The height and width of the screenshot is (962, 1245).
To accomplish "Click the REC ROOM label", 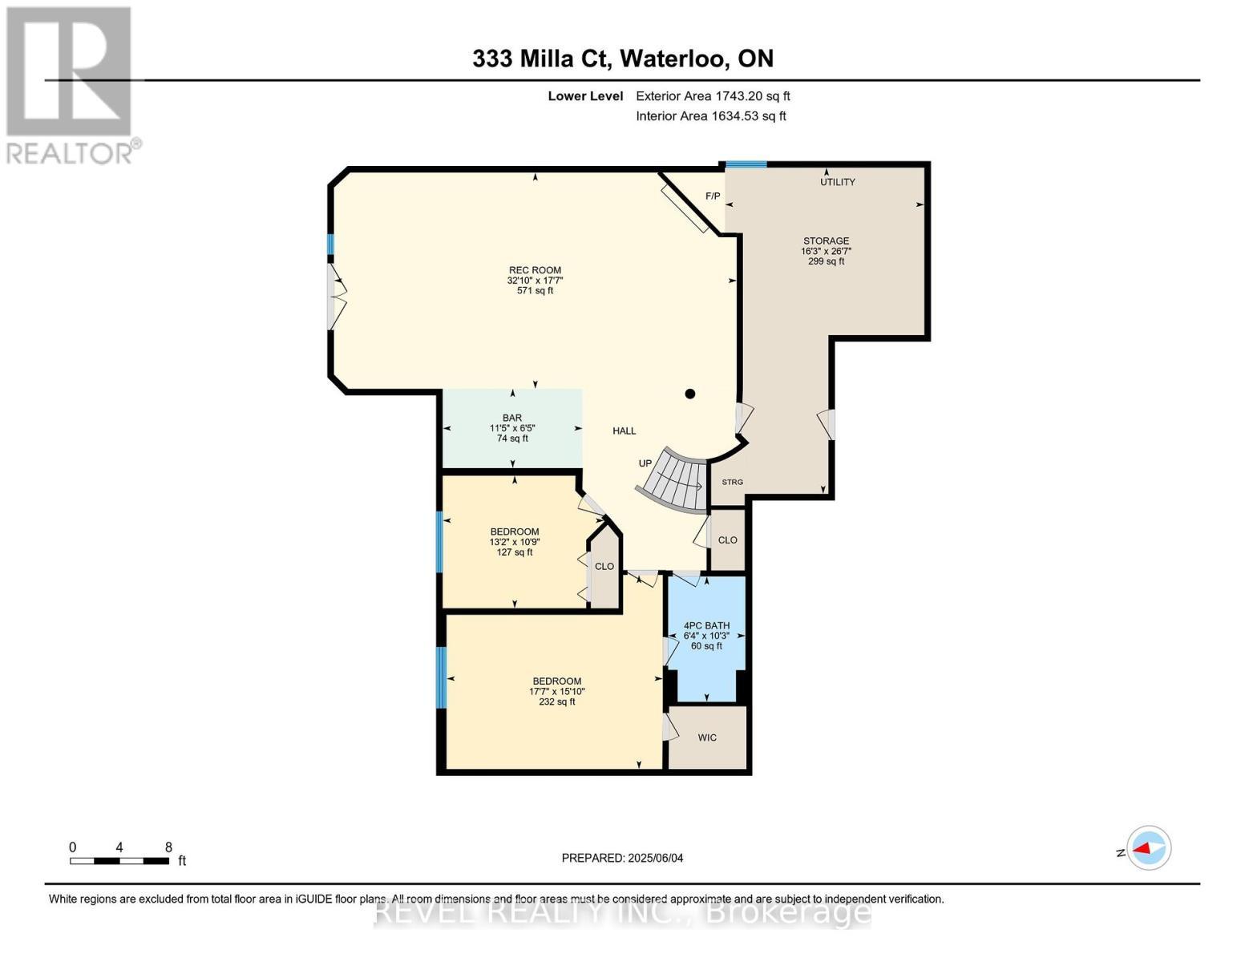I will pos(535,281).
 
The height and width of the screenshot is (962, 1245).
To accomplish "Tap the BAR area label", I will pos(512,428).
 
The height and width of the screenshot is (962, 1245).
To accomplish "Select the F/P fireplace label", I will pos(713,196).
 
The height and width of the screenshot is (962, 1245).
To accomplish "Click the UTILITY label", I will pos(837,182).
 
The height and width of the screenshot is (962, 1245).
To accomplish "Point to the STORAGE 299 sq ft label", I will pos(826,251).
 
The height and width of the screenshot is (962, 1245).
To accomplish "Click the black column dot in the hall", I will pos(689,394).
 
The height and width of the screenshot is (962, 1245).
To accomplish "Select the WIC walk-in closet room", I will pos(707,738).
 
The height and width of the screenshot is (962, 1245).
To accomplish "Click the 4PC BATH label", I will pos(706,636).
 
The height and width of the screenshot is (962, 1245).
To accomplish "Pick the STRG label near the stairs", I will pos(732,482).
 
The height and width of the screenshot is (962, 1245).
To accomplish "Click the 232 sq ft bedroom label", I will pos(556,691).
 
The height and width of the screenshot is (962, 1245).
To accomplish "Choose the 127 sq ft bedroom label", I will pos(515,542).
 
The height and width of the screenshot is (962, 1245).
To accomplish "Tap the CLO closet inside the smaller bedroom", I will pos(604,567).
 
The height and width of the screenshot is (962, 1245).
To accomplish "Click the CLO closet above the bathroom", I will pos(727,540).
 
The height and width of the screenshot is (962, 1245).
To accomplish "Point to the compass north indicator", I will pos(1148,848).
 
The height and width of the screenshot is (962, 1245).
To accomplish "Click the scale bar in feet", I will pos(119,861).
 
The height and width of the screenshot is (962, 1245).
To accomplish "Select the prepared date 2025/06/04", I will pos(622,858).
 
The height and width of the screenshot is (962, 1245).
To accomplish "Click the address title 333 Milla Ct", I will pos(622,59).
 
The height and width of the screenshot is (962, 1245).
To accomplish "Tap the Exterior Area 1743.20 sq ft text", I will pos(713,96).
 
